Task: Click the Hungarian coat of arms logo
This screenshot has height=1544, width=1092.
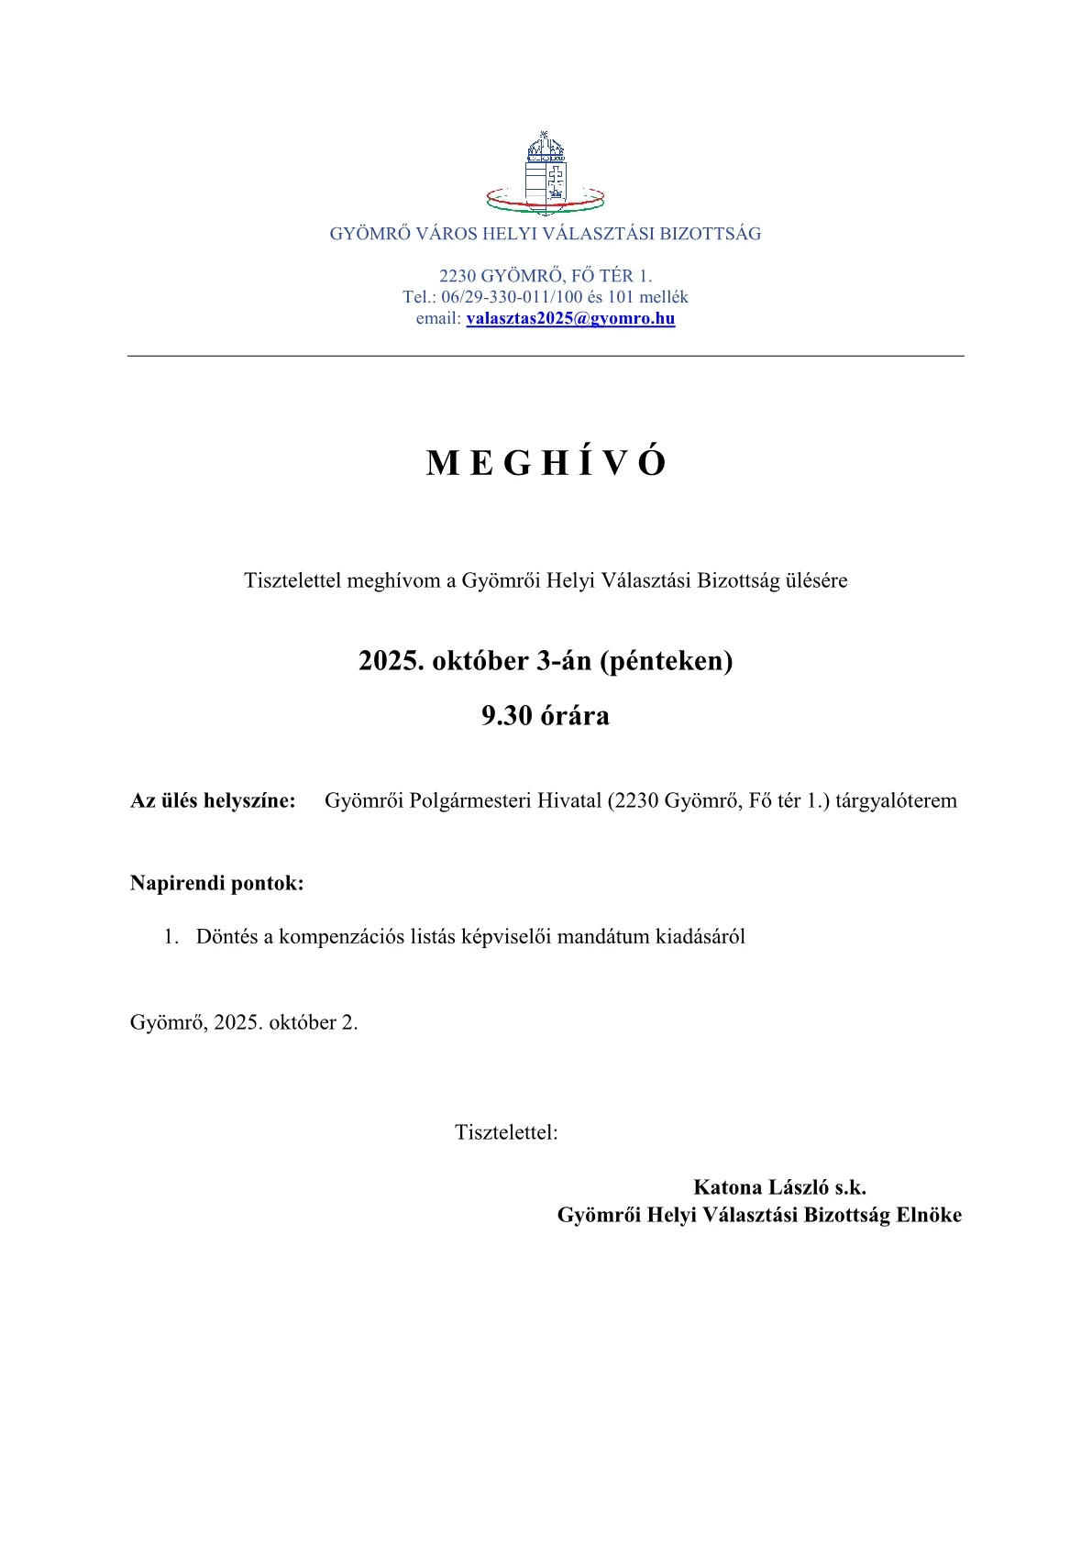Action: [x=546, y=173]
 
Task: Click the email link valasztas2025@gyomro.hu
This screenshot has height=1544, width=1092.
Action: [x=570, y=319]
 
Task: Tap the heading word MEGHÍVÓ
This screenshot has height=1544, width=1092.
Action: [x=546, y=464]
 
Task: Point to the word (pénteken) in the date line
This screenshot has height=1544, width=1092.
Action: [x=667, y=661]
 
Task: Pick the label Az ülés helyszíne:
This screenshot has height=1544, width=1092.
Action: [x=213, y=800]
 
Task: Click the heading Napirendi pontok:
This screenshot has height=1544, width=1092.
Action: [x=217, y=884]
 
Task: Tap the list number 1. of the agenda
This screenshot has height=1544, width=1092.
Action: [x=171, y=937]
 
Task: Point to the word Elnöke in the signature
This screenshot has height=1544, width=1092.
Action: [x=929, y=1215]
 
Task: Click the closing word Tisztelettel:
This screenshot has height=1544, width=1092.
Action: [x=506, y=1132]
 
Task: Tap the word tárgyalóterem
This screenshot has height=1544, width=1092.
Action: [x=896, y=800]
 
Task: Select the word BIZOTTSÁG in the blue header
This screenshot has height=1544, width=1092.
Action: [x=711, y=234]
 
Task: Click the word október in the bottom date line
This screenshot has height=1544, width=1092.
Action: [x=303, y=1022]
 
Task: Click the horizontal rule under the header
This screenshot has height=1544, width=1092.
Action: [x=546, y=356]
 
